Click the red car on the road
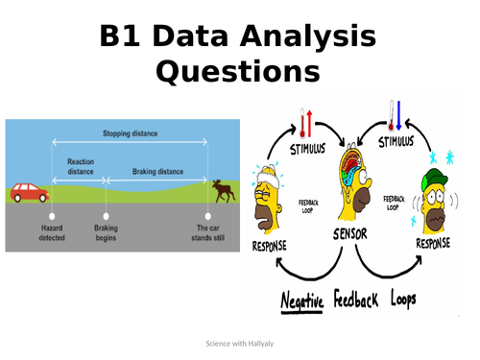coord(29,193)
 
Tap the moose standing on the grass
coord(223,190)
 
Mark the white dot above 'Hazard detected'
coord(51,217)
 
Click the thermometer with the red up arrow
coord(306,122)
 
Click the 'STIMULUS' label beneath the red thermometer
coord(309,149)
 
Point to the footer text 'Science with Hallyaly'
coord(240,344)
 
